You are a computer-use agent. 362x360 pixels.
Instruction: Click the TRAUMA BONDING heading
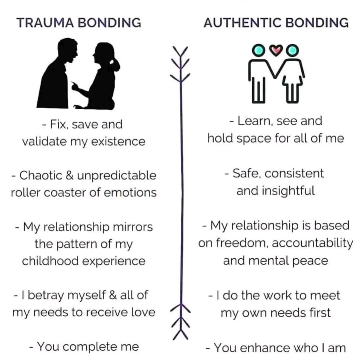(x=79, y=23)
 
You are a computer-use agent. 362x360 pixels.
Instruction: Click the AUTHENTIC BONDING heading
(x=276, y=23)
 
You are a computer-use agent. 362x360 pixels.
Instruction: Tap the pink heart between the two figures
(x=276, y=50)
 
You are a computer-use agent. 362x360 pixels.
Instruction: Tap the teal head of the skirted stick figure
(x=292, y=50)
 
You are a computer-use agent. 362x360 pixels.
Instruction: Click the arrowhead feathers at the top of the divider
(x=181, y=64)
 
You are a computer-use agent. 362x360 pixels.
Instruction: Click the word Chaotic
(x=41, y=175)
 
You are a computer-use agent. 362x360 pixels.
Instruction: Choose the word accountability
(x=313, y=243)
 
